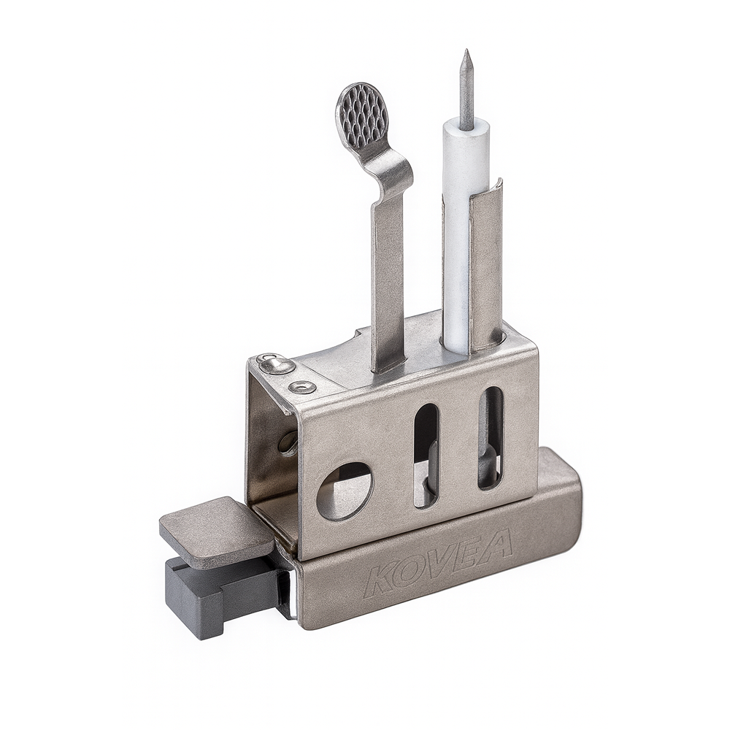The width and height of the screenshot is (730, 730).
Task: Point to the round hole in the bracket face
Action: click(345, 491)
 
